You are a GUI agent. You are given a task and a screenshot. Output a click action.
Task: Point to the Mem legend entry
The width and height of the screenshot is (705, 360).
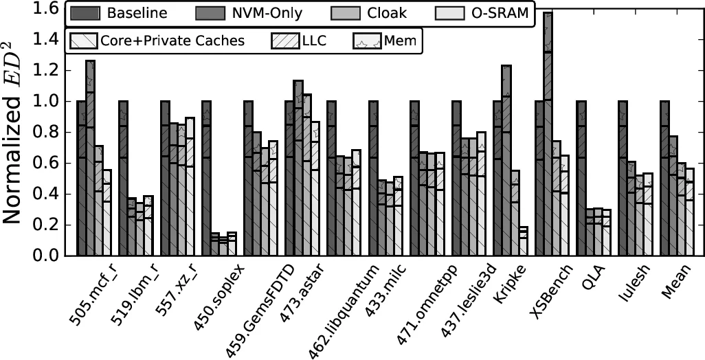pos(388,41)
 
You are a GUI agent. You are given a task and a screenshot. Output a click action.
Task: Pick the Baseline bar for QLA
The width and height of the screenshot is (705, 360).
pos(581,179)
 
